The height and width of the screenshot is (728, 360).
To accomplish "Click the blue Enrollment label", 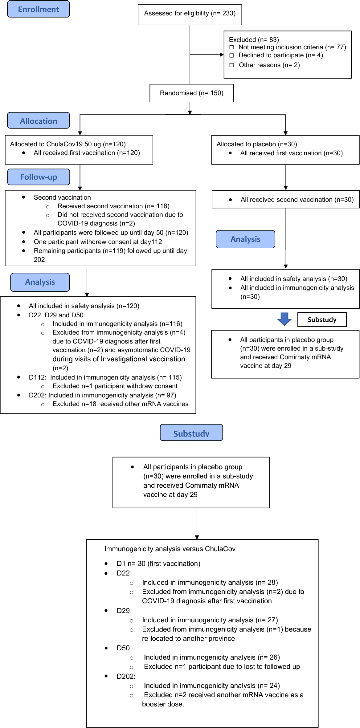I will (x=39, y=9).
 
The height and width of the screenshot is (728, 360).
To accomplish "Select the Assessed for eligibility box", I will (x=190, y=14).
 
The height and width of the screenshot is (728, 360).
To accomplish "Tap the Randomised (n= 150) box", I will (x=191, y=93).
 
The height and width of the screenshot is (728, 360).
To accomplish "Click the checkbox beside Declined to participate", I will (x=231, y=55).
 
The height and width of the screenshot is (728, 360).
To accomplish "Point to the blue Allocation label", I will (x=39, y=121).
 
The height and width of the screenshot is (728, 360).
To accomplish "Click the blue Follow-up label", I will (x=39, y=177).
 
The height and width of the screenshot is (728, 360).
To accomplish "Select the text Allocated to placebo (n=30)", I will (x=256, y=144).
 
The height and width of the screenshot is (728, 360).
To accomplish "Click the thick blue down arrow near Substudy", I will (x=284, y=319).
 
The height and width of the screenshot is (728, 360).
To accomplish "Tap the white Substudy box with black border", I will (x=322, y=319).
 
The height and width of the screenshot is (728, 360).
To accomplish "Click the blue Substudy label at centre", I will (x=191, y=433).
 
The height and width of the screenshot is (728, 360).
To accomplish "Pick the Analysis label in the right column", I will (x=245, y=239).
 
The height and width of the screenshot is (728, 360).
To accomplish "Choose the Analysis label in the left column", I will (x=40, y=282).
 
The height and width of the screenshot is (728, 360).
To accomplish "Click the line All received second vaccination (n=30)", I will (x=297, y=200).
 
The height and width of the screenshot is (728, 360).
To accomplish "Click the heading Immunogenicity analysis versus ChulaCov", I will (x=170, y=549).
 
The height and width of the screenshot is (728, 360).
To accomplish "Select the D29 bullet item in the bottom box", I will (x=123, y=611).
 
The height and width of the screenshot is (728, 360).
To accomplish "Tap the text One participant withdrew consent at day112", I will (x=98, y=242).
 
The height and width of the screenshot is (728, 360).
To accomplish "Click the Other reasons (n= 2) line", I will (x=269, y=65).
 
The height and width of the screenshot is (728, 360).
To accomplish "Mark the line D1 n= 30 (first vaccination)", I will (x=158, y=563).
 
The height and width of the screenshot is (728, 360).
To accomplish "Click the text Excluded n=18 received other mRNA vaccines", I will (x=120, y=404).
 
